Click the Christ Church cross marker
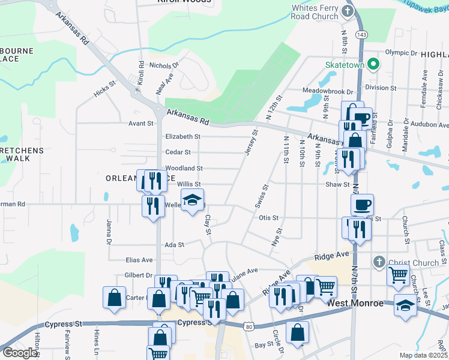coord(378,262)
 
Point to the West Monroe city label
coord(356,303)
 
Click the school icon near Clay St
coord(192,199)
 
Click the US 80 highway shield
coord(249,326)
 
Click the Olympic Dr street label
coord(401,53)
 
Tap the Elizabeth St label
coord(182,137)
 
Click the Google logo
coord(20,353)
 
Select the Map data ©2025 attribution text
coord(424,355)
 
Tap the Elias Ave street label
coord(139,260)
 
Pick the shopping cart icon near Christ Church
coord(399,275)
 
